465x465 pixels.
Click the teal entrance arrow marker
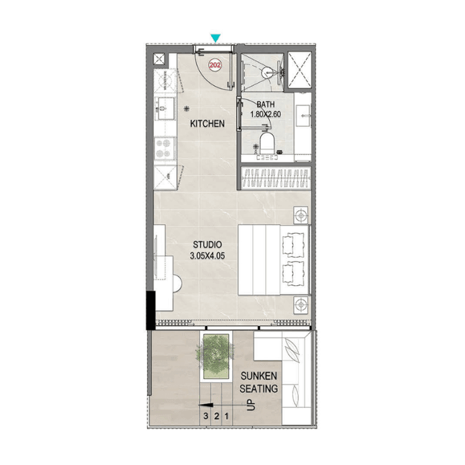[x=215, y=38]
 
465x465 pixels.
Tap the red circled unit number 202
[x=215, y=64]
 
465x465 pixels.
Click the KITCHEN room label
[x=207, y=124]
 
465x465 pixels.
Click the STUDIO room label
[x=206, y=245]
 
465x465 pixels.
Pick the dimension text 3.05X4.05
[x=206, y=255]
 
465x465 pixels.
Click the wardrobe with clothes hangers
[x=275, y=179]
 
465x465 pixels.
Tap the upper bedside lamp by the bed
[x=301, y=216]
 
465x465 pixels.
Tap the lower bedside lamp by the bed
[x=301, y=304]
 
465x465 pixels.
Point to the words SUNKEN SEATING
[x=259, y=383]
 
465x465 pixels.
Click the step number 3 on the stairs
[x=205, y=416]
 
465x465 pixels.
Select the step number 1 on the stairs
[x=226, y=416]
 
